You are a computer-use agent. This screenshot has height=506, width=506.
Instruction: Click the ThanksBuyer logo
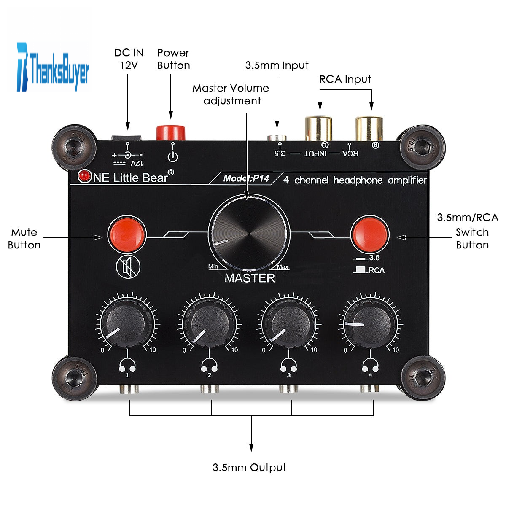click(x=53, y=67)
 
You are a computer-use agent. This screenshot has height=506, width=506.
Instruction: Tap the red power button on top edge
click(x=171, y=132)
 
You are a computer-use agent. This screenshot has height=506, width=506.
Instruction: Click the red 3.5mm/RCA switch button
click(x=370, y=234)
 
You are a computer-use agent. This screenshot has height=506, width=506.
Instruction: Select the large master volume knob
click(x=249, y=234)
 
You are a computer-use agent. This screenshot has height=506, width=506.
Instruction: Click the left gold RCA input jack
click(x=318, y=129)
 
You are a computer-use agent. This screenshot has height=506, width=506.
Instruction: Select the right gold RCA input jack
click(x=369, y=129)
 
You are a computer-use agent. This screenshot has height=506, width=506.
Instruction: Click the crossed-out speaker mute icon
click(x=128, y=267)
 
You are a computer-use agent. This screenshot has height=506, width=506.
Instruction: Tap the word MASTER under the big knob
click(x=250, y=278)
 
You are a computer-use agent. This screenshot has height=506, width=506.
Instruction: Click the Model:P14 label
click(x=246, y=178)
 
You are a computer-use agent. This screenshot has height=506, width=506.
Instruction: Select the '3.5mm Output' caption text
click(x=249, y=468)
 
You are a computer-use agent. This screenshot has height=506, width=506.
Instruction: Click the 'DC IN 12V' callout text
click(x=129, y=59)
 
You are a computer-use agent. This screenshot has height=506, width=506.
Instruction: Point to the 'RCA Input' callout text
click(x=345, y=79)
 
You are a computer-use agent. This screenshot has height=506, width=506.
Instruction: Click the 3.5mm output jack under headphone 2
click(x=209, y=389)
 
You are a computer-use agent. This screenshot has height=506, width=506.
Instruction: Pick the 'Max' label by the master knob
click(x=283, y=267)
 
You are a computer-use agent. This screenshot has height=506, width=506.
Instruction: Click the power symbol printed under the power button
click(x=172, y=157)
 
